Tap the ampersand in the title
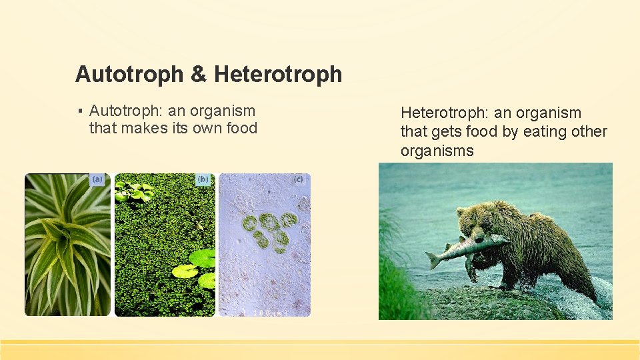[x=199, y=74]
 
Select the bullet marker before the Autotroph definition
[x=79, y=111]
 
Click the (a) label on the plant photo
[x=97, y=179]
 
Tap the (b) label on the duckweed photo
[x=203, y=179]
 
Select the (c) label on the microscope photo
[x=298, y=179]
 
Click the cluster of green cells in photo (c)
[x=270, y=230]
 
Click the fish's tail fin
[x=434, y=259]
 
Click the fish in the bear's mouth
[x=467, y=247]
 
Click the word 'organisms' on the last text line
[x=437, y=151]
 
